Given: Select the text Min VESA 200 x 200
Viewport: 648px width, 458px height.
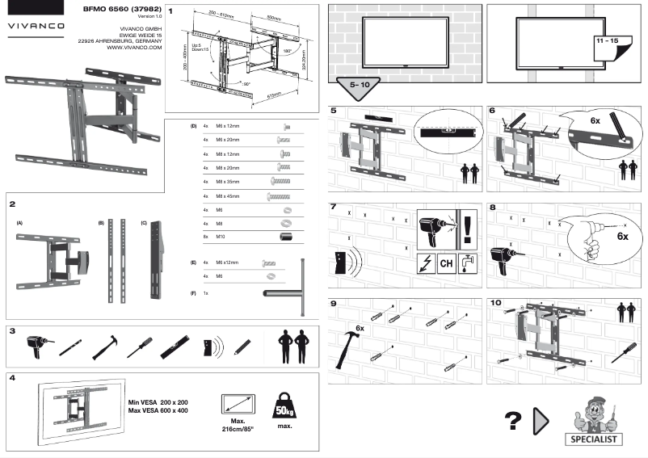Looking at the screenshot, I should (x=157, y=401).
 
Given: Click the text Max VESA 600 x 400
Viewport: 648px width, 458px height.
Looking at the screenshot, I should (x=157, y=410).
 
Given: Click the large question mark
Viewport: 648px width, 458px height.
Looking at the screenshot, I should (x=512, y=422).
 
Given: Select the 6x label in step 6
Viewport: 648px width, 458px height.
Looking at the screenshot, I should (x=595, y=119).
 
